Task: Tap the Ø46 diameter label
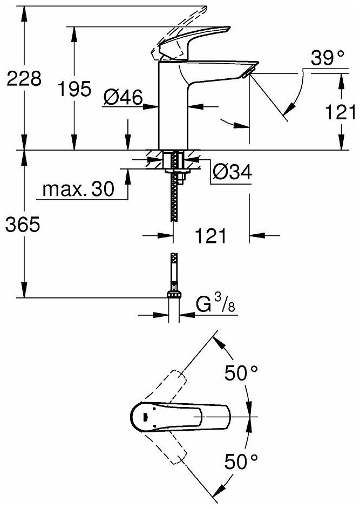coord(123,98)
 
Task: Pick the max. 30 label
coord(78,189)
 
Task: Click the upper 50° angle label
coord(242,372)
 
